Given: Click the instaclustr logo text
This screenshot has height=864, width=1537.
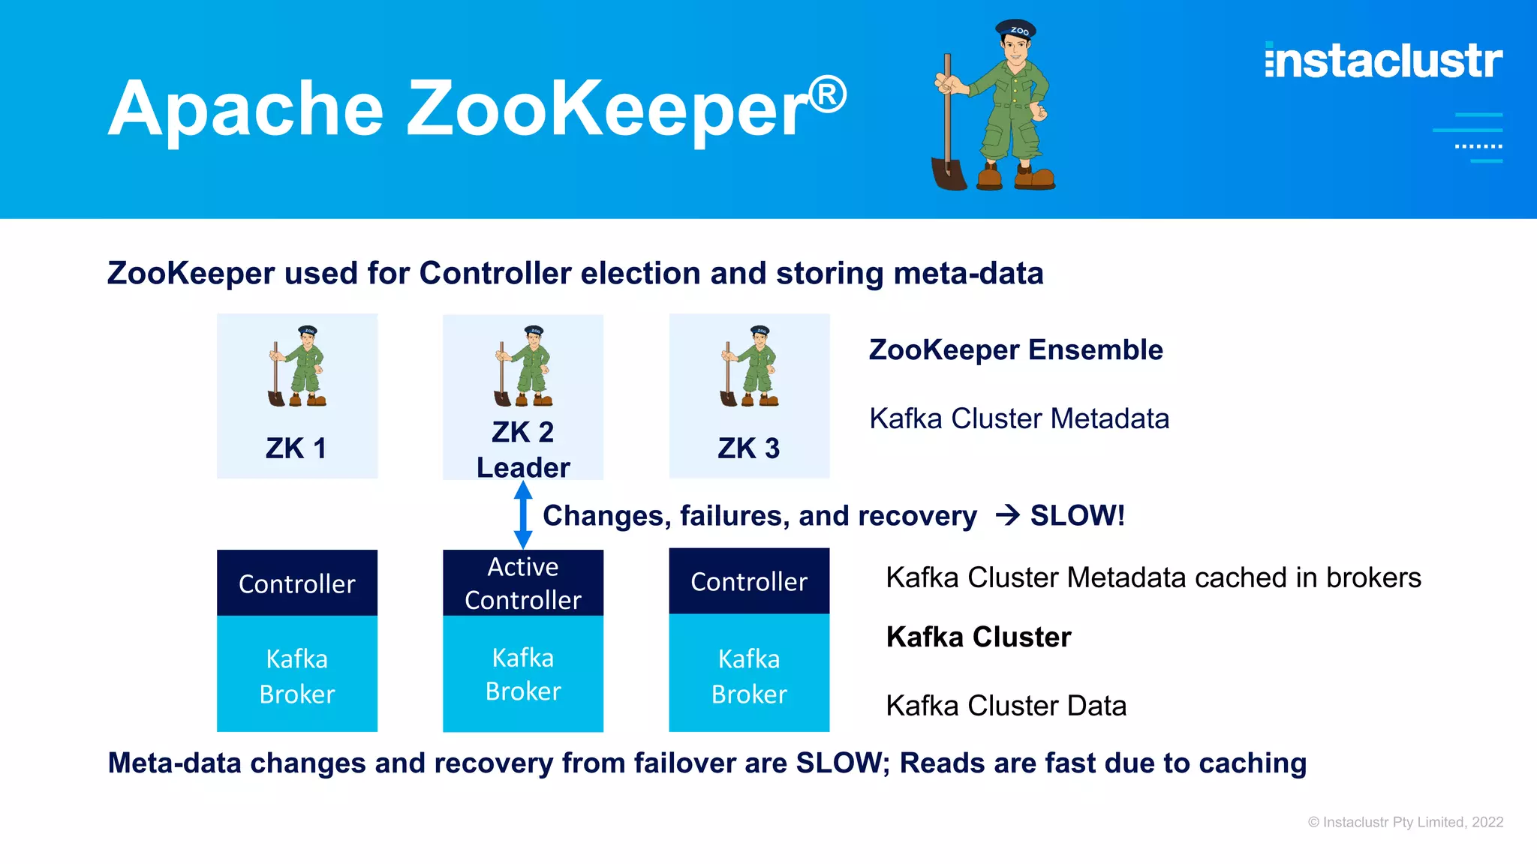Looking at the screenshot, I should point(1383,61).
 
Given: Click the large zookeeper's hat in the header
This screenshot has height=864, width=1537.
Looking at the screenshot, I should point(1016,30).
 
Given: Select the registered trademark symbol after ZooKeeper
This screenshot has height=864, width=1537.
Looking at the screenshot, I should point(828,95).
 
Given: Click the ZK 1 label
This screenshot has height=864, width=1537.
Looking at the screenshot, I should point(296,448).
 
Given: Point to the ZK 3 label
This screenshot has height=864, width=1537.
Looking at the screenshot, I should point(749,448).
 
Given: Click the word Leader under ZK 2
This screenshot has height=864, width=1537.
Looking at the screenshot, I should point(523,468).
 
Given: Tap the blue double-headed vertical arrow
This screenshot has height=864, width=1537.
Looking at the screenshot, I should point(523,515).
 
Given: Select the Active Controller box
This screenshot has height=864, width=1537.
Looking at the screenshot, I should point(523,583).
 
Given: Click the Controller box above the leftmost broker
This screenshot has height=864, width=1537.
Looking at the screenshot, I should point(296,583).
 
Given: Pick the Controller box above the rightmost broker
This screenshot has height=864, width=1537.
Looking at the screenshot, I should point(749,581).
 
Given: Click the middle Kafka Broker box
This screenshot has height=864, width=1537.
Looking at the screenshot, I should point(523,673).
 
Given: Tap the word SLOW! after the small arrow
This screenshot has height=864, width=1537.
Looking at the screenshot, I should point(1077,515).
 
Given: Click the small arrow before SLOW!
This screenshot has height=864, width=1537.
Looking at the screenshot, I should point(1007,515).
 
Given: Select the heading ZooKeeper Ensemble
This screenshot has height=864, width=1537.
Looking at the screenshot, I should point(1015,350).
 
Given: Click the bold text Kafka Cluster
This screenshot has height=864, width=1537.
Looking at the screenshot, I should point(978,637).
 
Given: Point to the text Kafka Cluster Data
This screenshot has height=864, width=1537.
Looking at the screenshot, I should point(1006,706).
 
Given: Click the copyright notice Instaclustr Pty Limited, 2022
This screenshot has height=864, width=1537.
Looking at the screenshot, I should point(1405,822).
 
